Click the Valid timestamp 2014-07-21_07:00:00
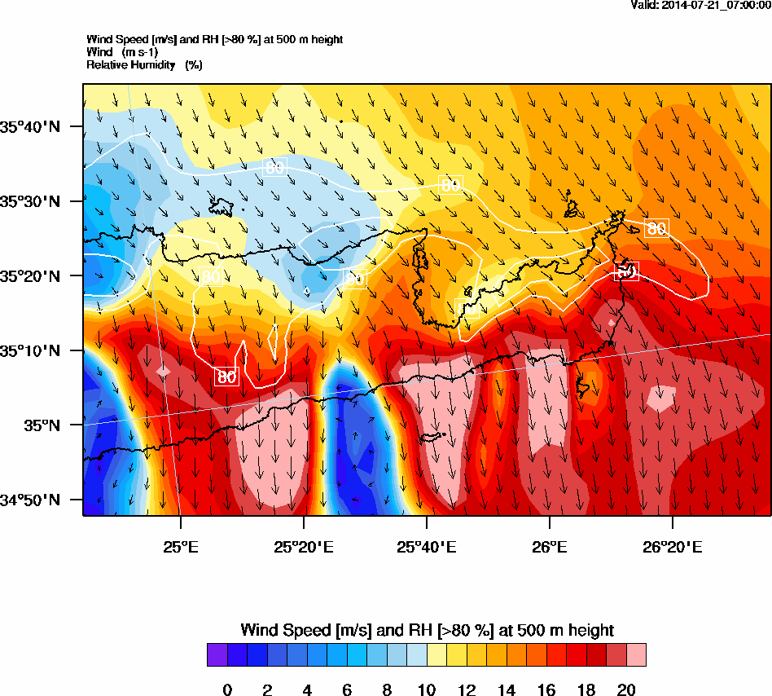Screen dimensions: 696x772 701,5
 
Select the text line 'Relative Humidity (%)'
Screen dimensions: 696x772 144,64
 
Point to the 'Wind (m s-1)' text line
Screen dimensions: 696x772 122,52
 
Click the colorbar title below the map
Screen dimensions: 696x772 427,630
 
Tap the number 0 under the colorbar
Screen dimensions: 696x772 227,690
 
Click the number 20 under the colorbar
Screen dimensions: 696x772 626,690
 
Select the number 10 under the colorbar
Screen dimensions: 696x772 427,690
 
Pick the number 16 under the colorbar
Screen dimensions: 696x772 546,690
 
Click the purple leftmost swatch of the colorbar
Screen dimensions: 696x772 217,654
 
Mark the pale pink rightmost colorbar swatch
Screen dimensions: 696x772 636,654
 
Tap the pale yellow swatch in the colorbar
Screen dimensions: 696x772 436,654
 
